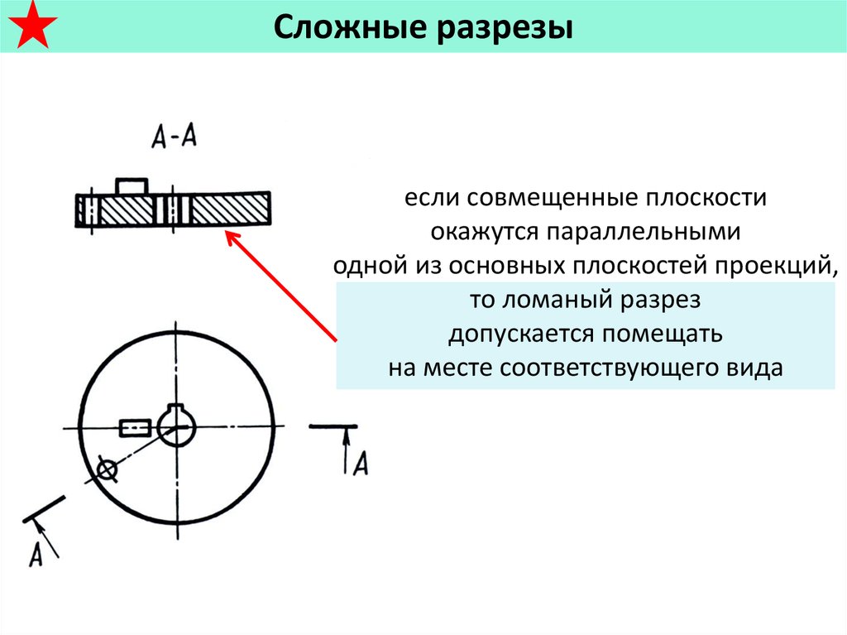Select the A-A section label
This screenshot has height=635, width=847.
pyautogui.click(x=174, y=136)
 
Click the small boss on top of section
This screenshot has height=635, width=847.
pyautogui.click(x=132, y=186)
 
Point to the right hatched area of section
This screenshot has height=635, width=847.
pyautogui.click(x=230, y=209)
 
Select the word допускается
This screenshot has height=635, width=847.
pyautogui.click(x=521, y=334)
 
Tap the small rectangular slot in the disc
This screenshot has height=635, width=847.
pyautogui.click(x=135, y=428)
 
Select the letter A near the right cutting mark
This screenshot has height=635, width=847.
pyautogui.click(x=361, y=463)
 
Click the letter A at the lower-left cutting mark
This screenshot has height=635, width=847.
pyautogui.click(x=36, y=554)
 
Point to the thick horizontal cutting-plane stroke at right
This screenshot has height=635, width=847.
pyautogui.click(x=333, y=426)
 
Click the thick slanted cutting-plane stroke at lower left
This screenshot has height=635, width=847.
pyautogui.click(x=45, y=509)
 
